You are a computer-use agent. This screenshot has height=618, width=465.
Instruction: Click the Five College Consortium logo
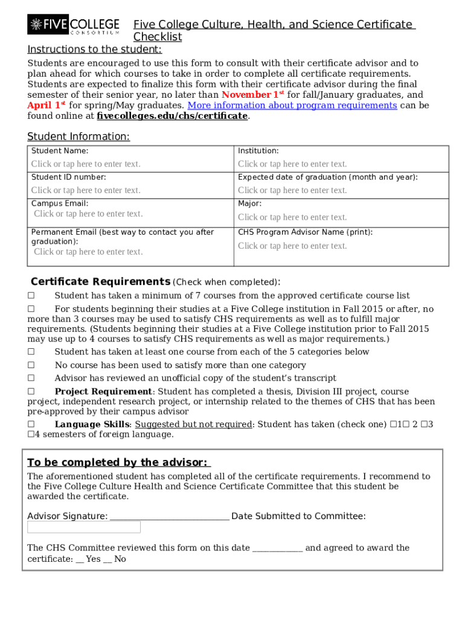coord(74,25)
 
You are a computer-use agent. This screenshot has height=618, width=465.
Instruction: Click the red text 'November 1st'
coord(253,95)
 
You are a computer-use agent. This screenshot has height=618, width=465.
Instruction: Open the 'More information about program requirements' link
coord(292,105)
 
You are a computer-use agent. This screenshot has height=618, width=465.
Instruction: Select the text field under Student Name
coord(86,164)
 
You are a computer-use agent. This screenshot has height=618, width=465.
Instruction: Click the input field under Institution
coord(292,164)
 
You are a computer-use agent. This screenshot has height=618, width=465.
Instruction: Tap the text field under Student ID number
coord(86,191)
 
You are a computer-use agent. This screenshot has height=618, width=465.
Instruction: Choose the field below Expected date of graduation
coord(292,191)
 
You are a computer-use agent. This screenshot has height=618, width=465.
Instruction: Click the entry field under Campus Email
coord(88,214)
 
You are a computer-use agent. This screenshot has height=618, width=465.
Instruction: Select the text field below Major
coord(292,217)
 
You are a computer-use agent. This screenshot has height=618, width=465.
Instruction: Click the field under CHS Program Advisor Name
coord(292,246)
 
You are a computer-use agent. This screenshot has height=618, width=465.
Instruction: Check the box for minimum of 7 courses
coord(31,296)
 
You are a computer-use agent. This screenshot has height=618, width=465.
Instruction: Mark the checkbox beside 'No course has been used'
coord(31,365)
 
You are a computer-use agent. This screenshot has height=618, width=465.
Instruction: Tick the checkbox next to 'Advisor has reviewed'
coord(31,378)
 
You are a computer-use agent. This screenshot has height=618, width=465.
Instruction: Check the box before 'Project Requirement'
coord(31,392)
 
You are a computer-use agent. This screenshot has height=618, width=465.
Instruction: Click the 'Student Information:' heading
coord(79,137)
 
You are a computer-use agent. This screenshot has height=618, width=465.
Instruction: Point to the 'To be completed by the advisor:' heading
coord(118,462)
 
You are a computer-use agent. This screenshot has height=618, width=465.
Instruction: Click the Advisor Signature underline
coord(170,517)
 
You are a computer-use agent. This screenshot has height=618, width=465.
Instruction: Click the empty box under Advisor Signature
coord(84,527)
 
